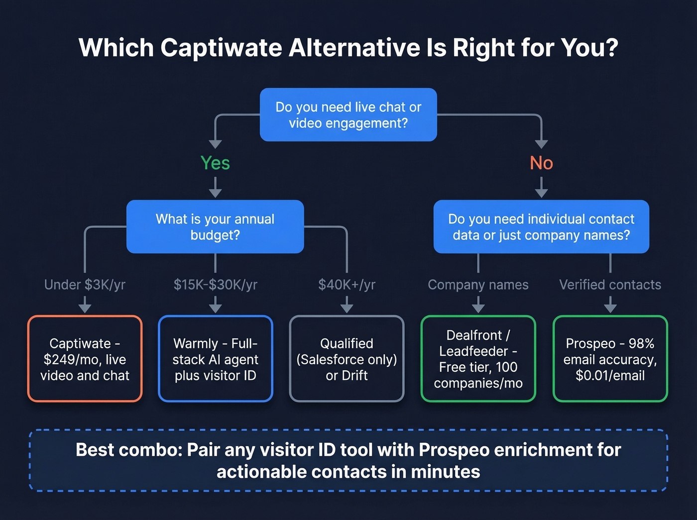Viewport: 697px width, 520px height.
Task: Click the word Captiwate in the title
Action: click(220, 48)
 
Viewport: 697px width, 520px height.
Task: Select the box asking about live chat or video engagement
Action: click(348, 115)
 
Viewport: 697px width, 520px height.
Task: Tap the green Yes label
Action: click(215, 163)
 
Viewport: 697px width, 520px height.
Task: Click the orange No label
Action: click(541, 163)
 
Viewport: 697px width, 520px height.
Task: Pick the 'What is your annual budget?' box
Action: click(215, 227)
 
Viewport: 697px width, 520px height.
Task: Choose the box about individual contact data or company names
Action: click(541, 227)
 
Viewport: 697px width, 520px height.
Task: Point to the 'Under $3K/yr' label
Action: click(85, 285)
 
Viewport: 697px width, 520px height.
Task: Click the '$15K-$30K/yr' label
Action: click(215, 285)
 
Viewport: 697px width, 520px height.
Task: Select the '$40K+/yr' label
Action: click(347, 285)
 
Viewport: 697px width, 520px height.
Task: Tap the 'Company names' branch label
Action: click(478, 285)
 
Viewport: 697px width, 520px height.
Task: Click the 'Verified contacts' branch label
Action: click(610, 285)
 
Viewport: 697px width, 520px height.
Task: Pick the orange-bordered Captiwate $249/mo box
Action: click(85, 359)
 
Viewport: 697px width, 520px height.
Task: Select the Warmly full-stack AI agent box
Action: click(215, 359)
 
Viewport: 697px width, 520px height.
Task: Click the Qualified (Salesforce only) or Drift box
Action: click(347, 359)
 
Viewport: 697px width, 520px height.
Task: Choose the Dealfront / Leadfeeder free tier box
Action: click(478, 359)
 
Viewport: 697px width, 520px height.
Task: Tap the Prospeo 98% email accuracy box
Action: click(610, 359)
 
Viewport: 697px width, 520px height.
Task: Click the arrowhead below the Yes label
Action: click(215, 193)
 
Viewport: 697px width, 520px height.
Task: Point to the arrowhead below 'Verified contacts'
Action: click(610, 308)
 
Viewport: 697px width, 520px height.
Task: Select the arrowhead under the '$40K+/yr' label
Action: click(347, 308)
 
